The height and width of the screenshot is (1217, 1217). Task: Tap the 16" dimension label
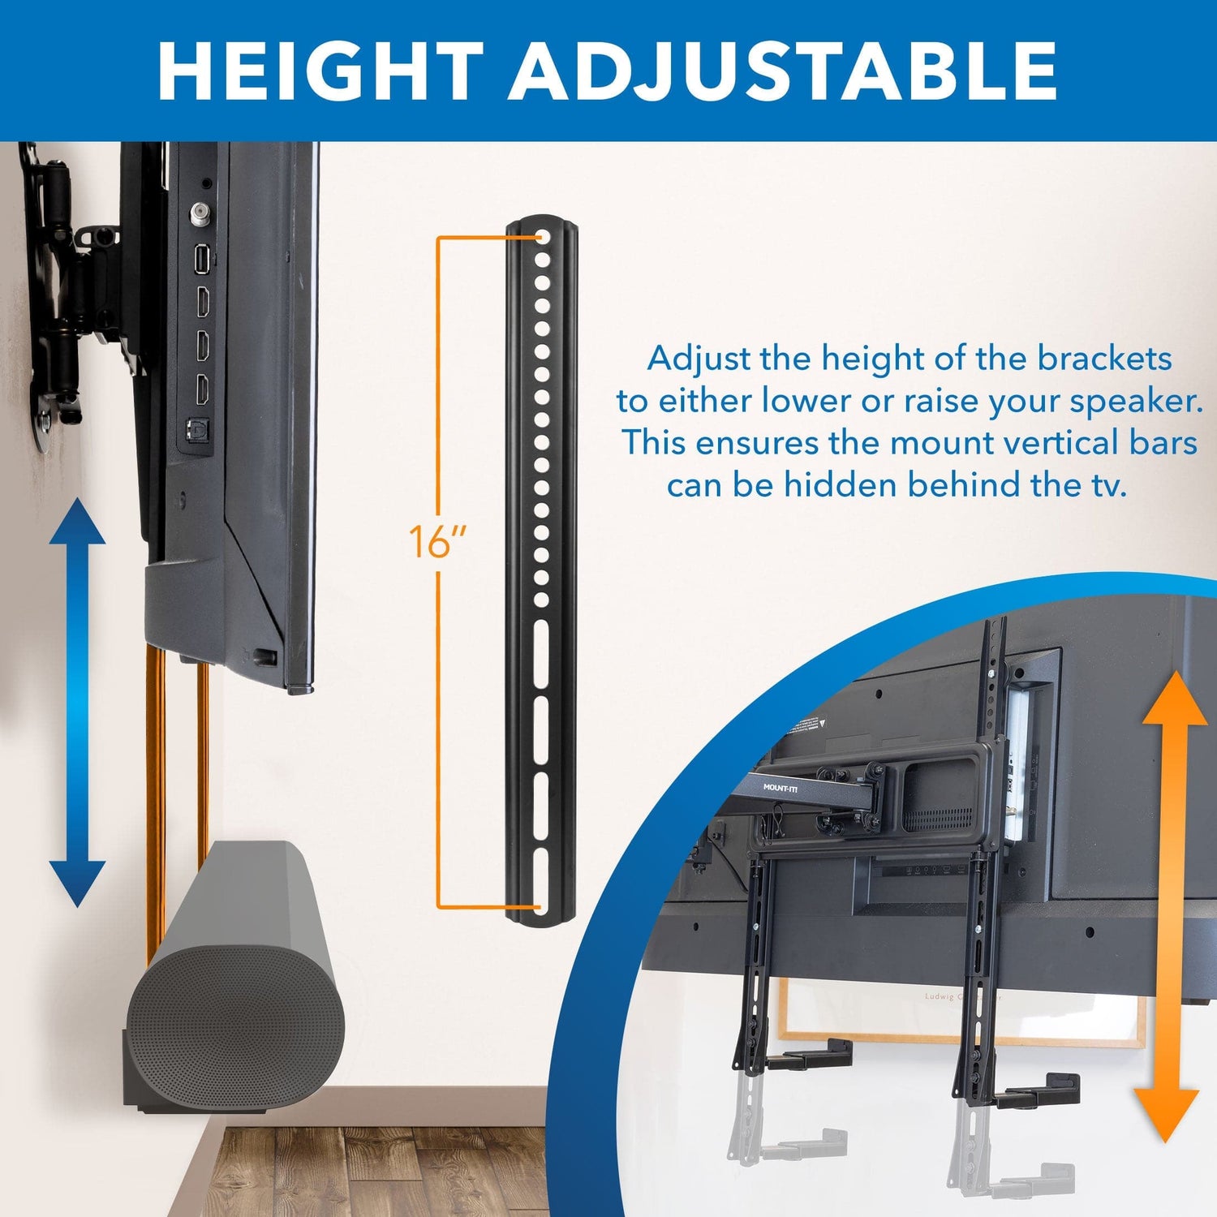point(437,542)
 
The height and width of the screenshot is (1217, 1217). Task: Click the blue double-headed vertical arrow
point(77,702)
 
